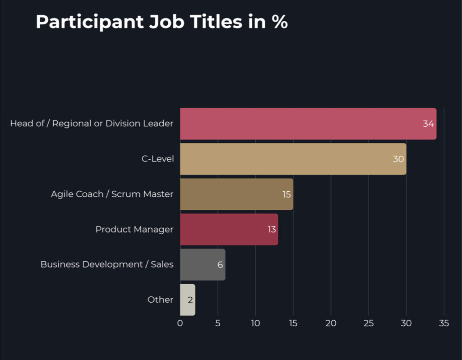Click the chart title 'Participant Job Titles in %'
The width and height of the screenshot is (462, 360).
coord(162,22)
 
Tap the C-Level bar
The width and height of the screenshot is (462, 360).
coord(293,159)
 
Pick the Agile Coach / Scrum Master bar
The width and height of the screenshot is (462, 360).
coord(236,194)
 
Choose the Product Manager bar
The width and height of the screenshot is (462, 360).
coord(229,229)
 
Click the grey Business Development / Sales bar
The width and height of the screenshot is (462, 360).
coord(203,264)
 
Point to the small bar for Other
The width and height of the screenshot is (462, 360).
coord(188,300)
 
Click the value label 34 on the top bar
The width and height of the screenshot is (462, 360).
coord(428,124)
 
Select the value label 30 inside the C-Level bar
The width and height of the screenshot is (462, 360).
coord(398,159)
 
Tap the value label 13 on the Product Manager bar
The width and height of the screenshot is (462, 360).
coord(271,229)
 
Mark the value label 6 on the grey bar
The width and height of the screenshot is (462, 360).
coord(220,264)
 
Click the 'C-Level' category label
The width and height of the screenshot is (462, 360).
coord(157,159)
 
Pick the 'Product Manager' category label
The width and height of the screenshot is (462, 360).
coord(134,229)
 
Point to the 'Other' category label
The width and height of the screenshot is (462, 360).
coord(160,300)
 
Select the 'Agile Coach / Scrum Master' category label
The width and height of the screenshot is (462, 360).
coord(112,194)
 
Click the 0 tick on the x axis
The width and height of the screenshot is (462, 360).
coord(180,323)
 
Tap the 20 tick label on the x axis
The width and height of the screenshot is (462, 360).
coord(331,323)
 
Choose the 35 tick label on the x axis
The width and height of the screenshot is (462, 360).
coord(444,323)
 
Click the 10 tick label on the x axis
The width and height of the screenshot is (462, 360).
coord(255,323)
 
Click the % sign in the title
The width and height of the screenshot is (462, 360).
coord(280,22)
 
